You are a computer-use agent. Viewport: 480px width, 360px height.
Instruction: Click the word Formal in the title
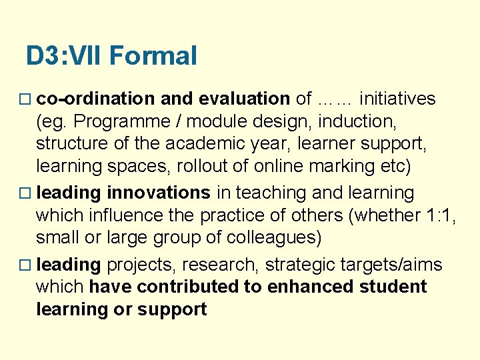153,55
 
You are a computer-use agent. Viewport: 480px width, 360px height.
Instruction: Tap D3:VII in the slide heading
64,55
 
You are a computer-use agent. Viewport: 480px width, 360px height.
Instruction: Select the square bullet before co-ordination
26,100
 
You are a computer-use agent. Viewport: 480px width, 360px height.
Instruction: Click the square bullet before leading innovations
26,194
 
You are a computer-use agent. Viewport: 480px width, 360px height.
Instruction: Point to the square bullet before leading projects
26,265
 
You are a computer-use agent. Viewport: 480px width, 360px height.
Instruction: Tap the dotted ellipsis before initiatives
335,100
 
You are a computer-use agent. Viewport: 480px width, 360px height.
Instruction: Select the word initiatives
397,99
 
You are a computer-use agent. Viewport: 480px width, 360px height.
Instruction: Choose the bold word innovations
159,193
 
